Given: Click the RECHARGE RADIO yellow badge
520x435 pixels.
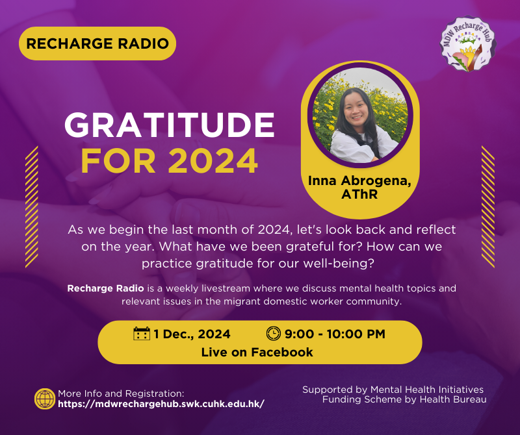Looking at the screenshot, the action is [97, 43].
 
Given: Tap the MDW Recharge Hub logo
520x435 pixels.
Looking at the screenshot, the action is [467, 44].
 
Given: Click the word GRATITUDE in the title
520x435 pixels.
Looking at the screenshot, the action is [170, 125].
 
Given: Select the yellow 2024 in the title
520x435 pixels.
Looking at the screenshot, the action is [213, 161].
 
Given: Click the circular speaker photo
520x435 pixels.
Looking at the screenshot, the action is [360, 115].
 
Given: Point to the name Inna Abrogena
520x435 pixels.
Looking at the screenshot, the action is [359, 181].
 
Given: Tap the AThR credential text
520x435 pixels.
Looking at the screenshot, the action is [359, 195].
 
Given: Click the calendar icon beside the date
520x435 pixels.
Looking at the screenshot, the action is [142, 334].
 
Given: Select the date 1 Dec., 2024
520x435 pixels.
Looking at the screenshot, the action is [192, 334].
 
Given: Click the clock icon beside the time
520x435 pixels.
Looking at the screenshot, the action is [274, 334].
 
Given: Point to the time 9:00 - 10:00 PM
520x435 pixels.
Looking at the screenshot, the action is [335, 334].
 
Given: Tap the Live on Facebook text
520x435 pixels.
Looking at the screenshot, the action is [257, 352].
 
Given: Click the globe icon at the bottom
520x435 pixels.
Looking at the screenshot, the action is [45, 399].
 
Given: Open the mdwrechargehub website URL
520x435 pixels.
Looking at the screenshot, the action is [161, 404].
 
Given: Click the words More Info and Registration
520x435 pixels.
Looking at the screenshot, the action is [121, 393].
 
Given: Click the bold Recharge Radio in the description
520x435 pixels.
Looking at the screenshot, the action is [105, 288].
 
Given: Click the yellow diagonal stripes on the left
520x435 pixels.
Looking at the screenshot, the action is [32, 206].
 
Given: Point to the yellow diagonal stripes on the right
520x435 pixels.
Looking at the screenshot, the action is [488, 206].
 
